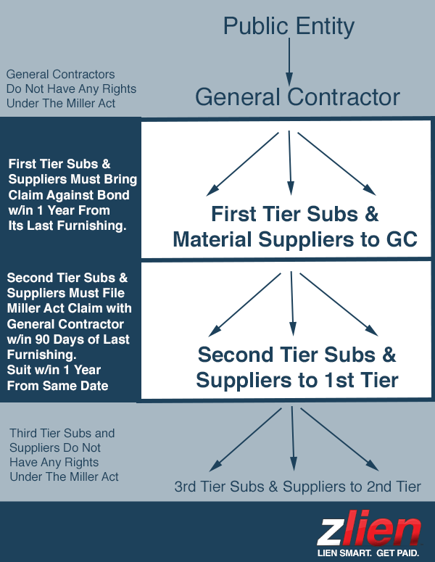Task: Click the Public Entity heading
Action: click(289, 27)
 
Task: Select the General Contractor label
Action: click(297, 97)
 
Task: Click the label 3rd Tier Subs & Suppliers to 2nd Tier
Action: click(297, 487)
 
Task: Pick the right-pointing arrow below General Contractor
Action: click(338, 164)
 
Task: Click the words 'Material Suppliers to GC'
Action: click(295, 239)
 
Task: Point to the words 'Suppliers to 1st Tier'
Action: click(297, 379)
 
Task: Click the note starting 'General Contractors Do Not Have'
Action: click(71, 88)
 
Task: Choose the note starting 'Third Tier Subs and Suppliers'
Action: click(64, 455)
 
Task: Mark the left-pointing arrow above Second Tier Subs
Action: click(246, 304)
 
